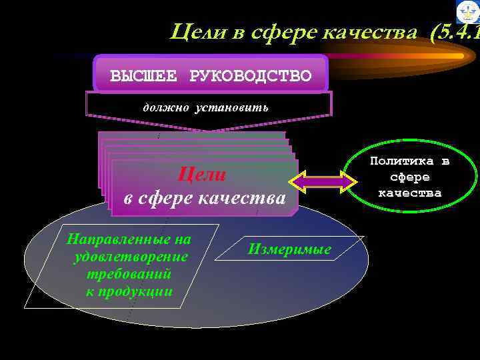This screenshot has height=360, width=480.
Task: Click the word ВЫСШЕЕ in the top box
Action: [x=143, y=75]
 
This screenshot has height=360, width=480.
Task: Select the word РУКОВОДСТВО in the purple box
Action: [x=251, y=75]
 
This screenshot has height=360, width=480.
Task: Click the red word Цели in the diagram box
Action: [x=202, y=175]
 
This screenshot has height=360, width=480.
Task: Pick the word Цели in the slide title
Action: [x=193, y=31]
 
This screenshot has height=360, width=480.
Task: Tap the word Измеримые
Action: [x=289, y=249]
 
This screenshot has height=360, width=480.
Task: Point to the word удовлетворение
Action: [x=131, y=257]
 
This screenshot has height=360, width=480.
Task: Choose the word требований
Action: [x=129, y=274]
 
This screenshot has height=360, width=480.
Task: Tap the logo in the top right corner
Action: [x=467, y=12]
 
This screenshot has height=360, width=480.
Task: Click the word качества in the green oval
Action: [x=410, y=193]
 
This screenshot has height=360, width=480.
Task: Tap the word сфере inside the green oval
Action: [x=410, y=177]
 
